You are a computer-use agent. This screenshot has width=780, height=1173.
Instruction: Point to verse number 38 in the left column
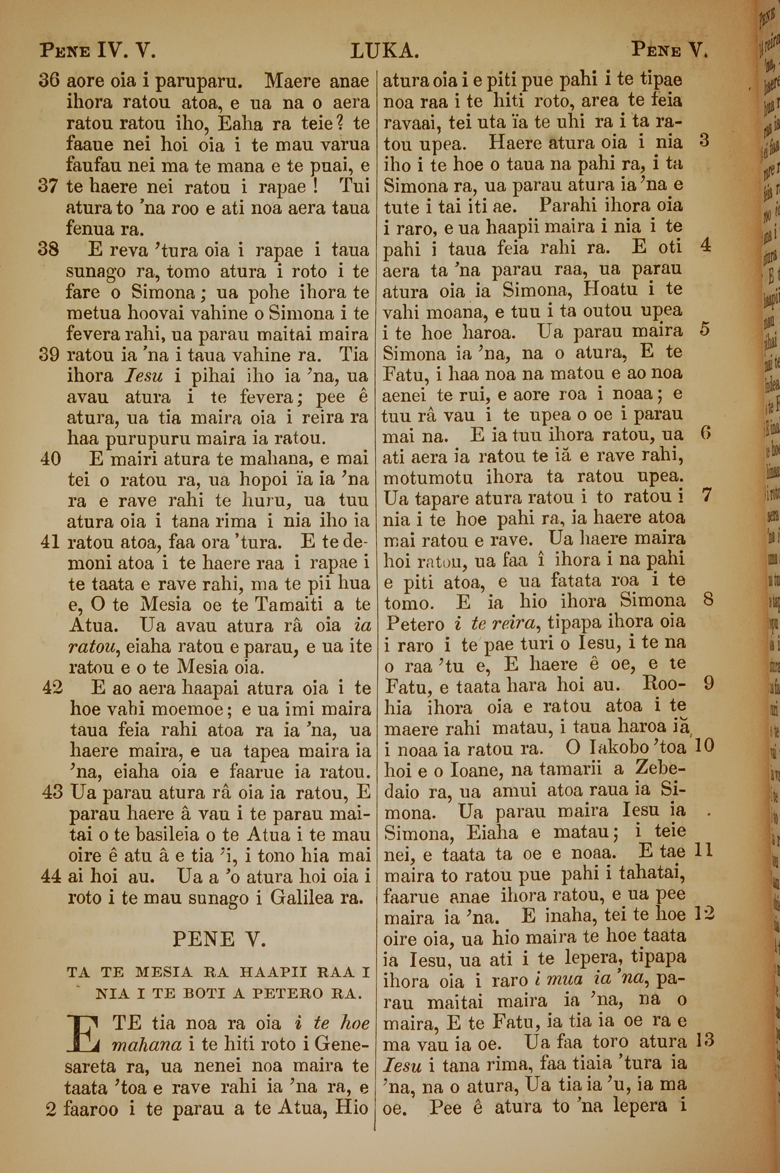click(49, 249)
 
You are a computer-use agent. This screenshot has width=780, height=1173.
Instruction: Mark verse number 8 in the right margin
click(708, 600)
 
